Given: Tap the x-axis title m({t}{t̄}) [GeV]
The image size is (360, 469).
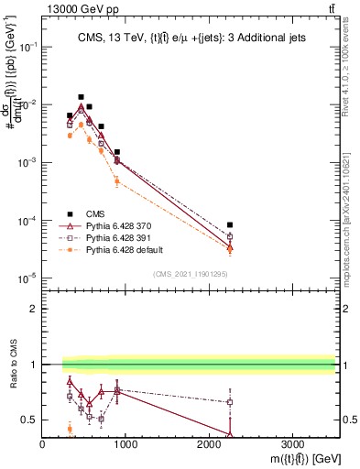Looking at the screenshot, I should point(293,458).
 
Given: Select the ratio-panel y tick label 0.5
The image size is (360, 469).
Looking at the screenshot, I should point(29,420).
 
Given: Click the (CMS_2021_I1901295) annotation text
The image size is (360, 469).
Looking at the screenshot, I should point(189,274).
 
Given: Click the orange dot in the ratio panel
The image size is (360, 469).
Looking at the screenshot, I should point(70,429).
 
